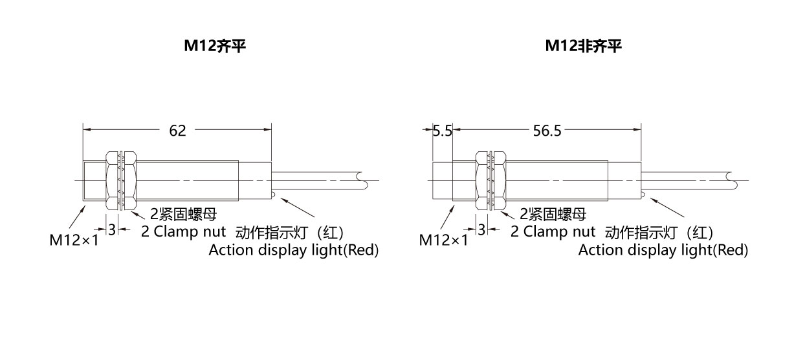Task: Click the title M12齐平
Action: [215, 46]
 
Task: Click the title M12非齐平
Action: [584, 46]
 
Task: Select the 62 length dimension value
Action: [177, 131]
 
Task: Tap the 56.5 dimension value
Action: [547, 131]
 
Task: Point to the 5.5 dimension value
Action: [443, 131]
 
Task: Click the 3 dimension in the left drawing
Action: [112, 229]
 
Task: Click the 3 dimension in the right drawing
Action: [481, 229]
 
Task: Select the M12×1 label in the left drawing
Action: [74, 240]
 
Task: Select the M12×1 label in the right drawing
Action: [443, 240]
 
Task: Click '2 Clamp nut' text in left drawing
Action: [183, 231]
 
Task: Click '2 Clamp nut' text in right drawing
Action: [553, 231]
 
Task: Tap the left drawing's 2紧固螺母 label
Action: [183, 214]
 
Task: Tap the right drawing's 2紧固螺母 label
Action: [553, 214]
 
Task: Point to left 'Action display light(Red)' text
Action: [294, 250]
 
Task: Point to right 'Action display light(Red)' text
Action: [663, 250]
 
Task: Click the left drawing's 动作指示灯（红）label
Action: [290, 233]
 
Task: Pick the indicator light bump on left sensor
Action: [273, 194]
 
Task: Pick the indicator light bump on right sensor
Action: [643, 194]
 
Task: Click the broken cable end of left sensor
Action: [363, 180]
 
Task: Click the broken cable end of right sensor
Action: [733, 180]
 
